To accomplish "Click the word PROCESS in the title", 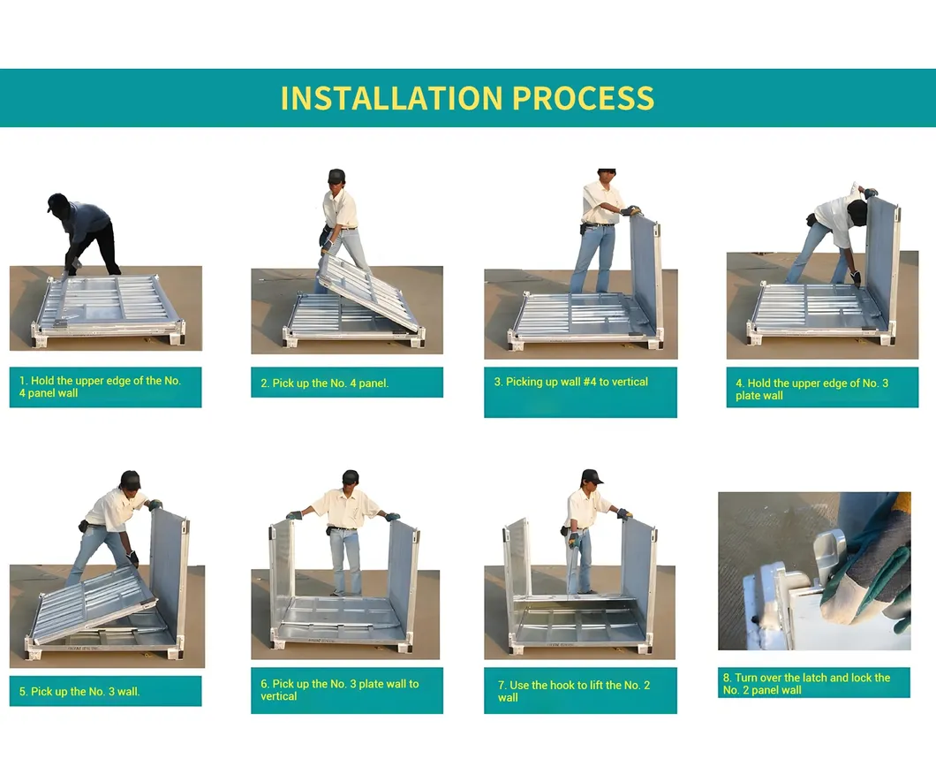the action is pos(583,99).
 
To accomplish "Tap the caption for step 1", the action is pos(100,387).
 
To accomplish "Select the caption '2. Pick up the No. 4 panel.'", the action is pos(324,383).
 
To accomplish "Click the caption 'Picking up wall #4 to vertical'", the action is pos(577,382).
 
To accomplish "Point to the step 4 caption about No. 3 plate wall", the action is pos(811,390).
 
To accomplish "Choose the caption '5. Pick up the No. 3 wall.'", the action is pos(79,692).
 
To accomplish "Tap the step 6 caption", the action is pos(340,690).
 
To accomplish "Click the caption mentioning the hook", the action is pos(574,691).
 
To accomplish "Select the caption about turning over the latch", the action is pos(806,684).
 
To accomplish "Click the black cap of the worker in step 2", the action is pos(336,176).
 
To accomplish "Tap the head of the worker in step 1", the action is pos(58,203).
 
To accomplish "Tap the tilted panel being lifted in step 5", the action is pos(95,603).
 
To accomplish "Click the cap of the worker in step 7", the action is pos(591,476).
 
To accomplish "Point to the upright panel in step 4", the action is pos(883,257).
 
